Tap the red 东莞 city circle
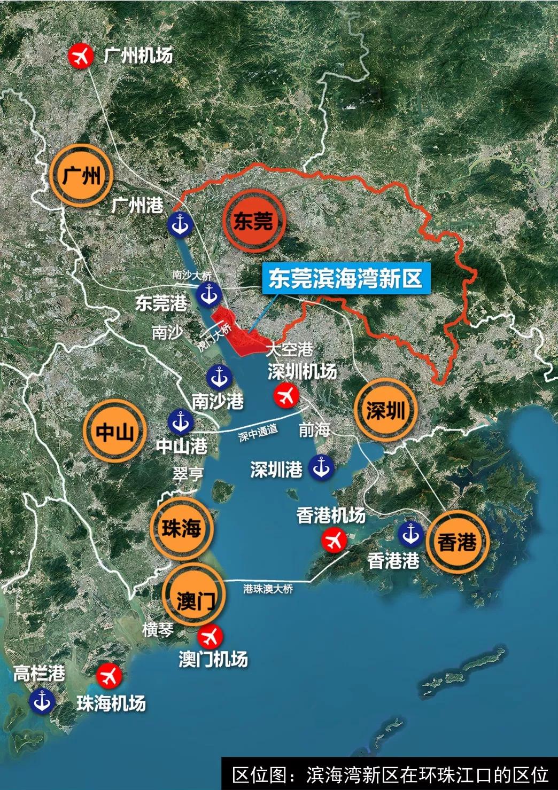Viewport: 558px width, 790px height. [x=253, y=221]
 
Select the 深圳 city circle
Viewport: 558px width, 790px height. [x=385, y=410]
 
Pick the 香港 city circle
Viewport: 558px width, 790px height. [x=457, y=542]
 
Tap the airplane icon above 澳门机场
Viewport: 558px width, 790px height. [x=210, y=636]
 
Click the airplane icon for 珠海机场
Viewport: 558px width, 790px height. [x=110, y=676]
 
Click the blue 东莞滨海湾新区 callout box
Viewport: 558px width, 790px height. [x=345, y=279]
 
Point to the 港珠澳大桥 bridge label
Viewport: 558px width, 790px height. [x=268, y=589]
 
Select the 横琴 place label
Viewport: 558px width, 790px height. [x=158, y=630]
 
